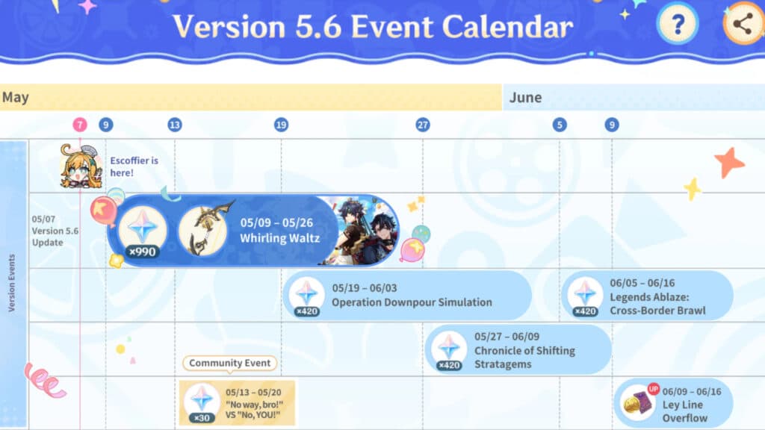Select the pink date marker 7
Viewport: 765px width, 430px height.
(80, 125)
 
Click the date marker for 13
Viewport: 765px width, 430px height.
(175, 125)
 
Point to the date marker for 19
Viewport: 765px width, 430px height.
(281, 125)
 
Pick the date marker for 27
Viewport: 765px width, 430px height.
(423, 125)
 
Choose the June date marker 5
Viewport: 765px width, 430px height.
(560, 125)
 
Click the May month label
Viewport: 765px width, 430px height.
(16, 98)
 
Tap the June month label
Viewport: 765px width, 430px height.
(525, 98)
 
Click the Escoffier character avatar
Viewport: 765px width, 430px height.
(80, 166)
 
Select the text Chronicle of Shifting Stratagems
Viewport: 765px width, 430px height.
(524, 358)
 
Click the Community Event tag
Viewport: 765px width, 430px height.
(230, 363)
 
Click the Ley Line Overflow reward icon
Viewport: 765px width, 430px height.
(637, 403)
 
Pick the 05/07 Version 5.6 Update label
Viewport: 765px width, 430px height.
(55, 231)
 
